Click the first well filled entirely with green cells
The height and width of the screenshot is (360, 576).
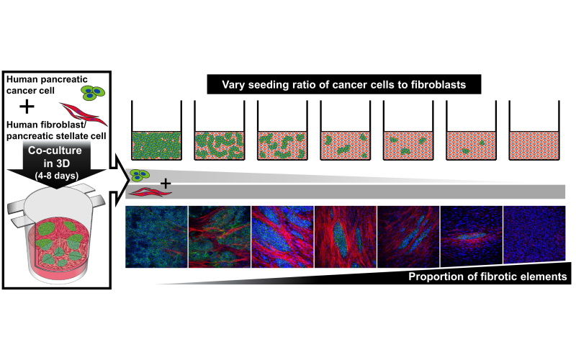click(x=156, y=130)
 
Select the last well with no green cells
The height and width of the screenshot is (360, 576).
click(x=534, y=130)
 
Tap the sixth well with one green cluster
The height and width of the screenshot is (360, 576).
click(x=472, y=130)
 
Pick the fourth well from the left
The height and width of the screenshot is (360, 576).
click(x=346, y=130)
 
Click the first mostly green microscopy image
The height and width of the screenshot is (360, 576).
click(x=156, y=237)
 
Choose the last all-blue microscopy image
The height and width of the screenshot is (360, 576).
click(x=534, y=235)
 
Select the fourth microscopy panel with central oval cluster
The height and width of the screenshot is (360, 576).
click(x=346, y=237)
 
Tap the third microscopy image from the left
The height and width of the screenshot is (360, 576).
click(x=282, y=237)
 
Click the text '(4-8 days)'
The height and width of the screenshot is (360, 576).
click(x=57, y=176)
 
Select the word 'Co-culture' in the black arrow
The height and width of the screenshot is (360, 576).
click(x=55, y=150)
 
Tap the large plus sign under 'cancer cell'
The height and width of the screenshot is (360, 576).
click(x=27, y=107)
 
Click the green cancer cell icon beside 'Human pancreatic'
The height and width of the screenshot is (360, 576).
click(x=93, y=93)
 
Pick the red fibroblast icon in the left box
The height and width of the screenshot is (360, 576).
click(x=84, y=114)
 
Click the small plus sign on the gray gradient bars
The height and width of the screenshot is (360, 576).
click(x=166, y=183)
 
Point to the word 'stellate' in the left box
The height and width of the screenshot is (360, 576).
click(x=74, y=136)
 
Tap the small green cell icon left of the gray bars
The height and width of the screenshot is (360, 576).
click(x=140, y=175)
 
